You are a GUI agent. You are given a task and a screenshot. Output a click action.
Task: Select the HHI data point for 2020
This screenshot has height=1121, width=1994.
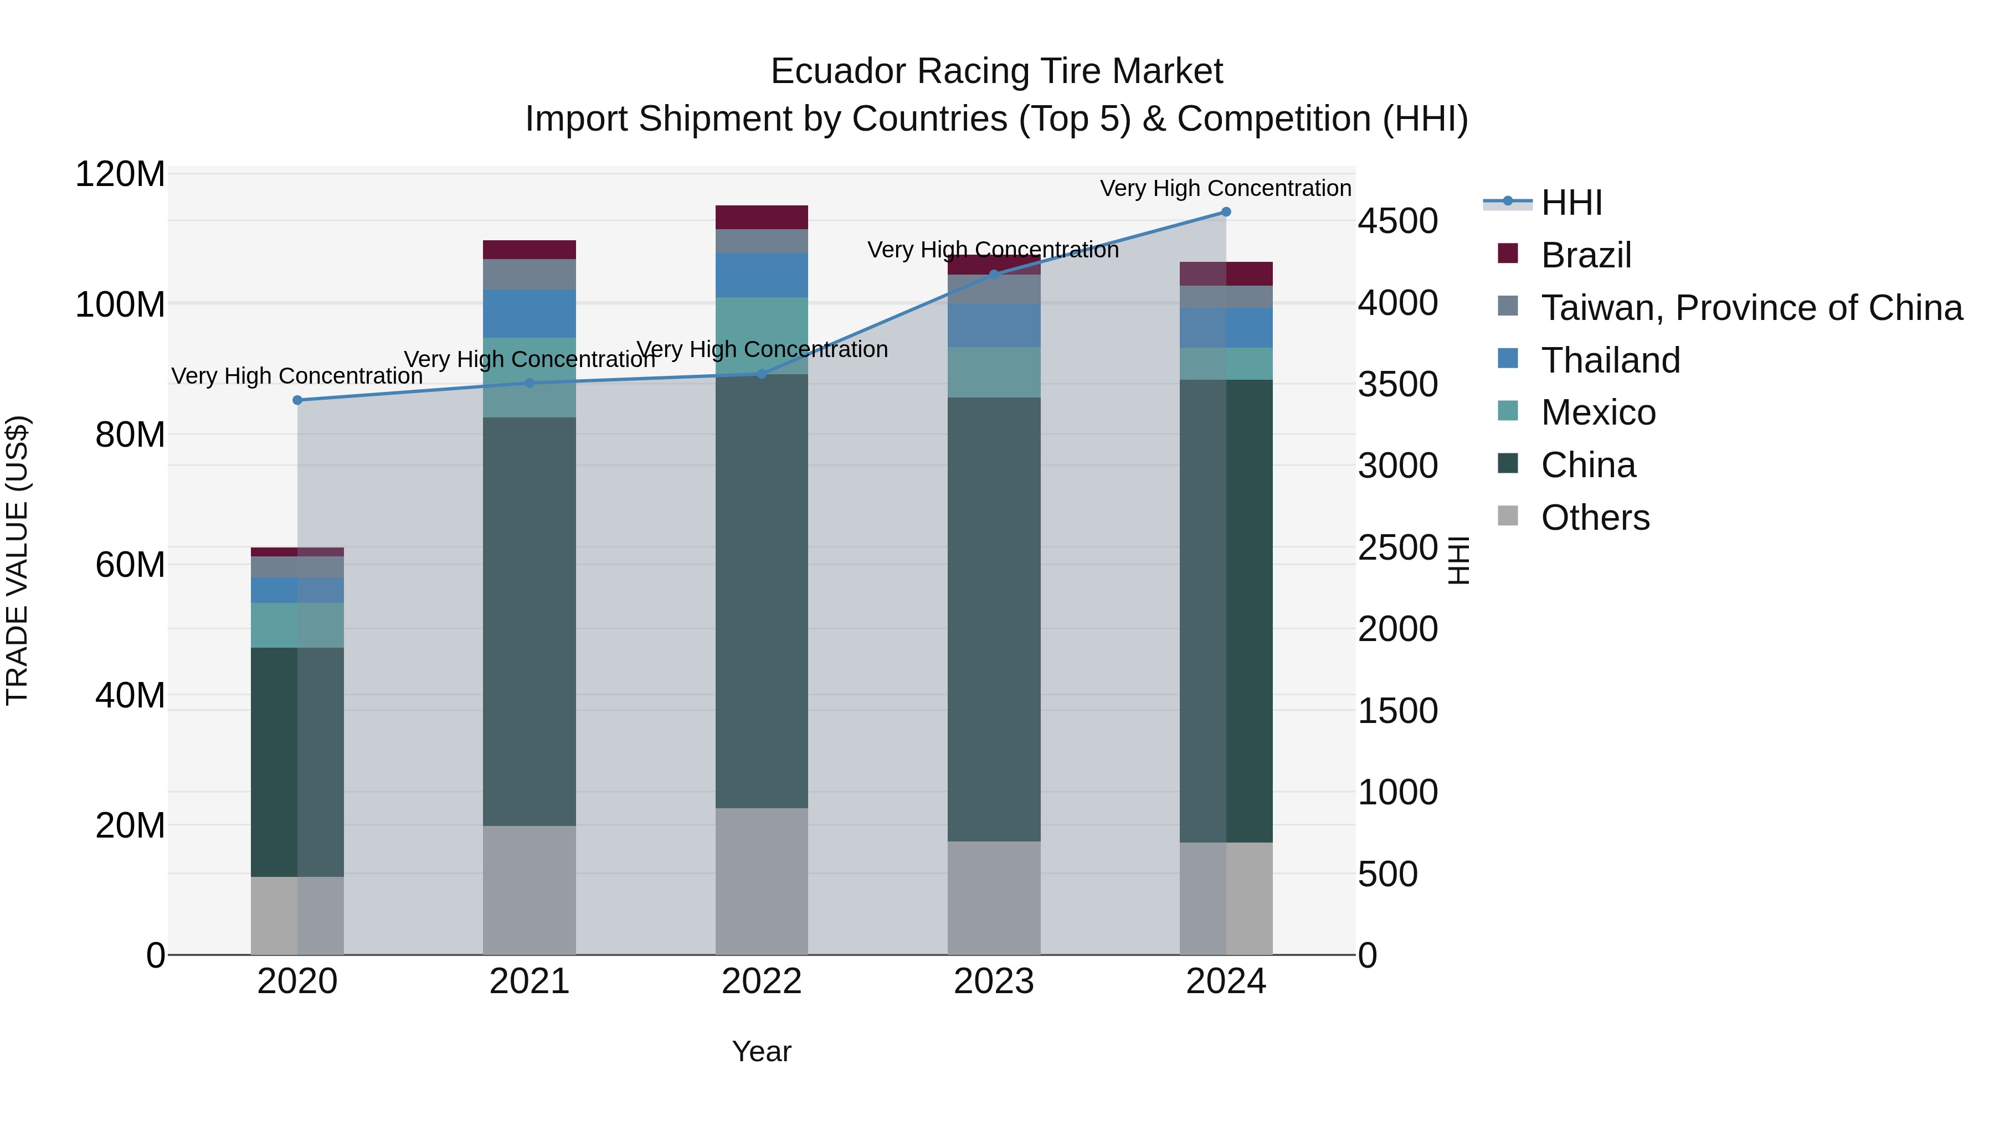pos(297,400)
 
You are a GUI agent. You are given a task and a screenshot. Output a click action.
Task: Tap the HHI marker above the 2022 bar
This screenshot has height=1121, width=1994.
pos(762,374)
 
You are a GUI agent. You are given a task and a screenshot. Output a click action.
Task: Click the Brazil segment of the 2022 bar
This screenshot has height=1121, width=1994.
pos(762,218)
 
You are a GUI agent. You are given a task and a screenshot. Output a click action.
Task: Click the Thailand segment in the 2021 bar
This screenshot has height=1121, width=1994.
pos(530,313)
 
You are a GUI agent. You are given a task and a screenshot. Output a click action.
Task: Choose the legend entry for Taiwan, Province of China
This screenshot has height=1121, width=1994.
pos(1751,308)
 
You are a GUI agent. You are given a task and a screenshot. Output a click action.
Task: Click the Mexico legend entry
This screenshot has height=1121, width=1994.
pos(1597,412)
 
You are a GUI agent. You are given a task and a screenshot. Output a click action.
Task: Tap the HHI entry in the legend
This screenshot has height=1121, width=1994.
pos(1571,203)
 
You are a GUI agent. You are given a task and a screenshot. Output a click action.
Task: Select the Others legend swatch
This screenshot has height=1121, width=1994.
pos(1508,516)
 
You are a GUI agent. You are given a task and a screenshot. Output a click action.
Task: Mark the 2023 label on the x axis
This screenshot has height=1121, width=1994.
pos(994,981)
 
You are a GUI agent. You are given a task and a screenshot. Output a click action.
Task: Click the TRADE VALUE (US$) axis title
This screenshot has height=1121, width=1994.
pos(17,560)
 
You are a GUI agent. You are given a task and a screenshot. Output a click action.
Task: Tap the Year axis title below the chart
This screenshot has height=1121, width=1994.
pos(762,1051)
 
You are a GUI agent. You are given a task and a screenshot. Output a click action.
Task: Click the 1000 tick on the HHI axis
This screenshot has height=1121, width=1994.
pos(1397,792)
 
